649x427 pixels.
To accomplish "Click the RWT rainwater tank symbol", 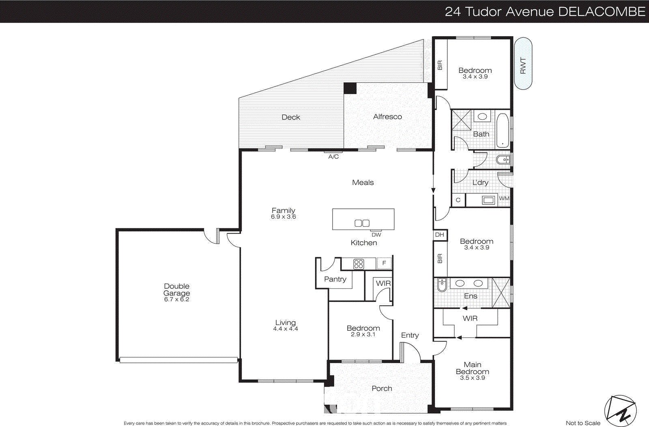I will (x=523, y=64).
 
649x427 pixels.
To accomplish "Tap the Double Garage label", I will (x=176, y=290).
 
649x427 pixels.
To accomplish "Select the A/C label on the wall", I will (x=333, y=157).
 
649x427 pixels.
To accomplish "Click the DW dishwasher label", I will (x=376, y=235).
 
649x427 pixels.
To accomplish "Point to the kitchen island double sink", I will (x=362, y=223).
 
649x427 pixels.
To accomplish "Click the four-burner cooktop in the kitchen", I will (x=359, y=264).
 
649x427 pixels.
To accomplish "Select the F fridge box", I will (x=384, y=263).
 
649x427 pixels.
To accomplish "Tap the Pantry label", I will (x=335, y=279).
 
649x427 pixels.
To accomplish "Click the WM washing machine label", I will (x=504, y=198).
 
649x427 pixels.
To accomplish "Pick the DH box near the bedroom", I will (x=440, y=235).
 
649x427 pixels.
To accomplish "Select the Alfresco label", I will (x=387, y=117).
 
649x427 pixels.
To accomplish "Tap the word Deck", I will (x=291, y=117).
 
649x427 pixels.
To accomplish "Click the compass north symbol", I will (x=621, y=411).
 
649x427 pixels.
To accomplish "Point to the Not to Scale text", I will (x=583, y=423).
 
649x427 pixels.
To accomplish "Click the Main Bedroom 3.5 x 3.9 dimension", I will (x=473, y=378).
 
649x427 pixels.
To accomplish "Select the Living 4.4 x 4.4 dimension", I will (x=286, y=329).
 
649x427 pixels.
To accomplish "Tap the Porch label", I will (x=382, y=388).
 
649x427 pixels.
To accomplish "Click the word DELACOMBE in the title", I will (x=602, y=11).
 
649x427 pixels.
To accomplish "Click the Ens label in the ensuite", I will (x=471, y=296).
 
